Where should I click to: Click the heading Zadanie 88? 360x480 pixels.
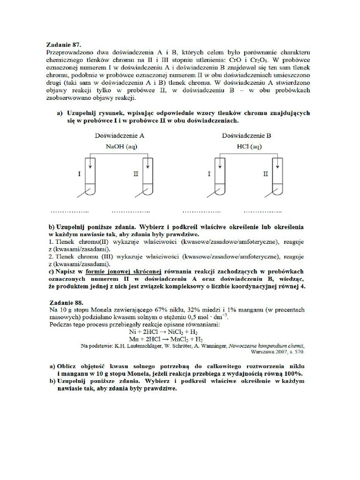(x=66, y=303)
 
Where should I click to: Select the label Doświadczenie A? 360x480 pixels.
(x=119, y=136)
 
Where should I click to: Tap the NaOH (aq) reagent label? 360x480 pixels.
(x=120, y=146)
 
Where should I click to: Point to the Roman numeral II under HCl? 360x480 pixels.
(x=265, y=174)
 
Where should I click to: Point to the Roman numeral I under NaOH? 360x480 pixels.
(x=79, y=174)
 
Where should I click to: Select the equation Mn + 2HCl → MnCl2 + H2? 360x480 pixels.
(x=165, y=339)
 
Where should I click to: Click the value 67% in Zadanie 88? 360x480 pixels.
(x=156, y=310)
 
